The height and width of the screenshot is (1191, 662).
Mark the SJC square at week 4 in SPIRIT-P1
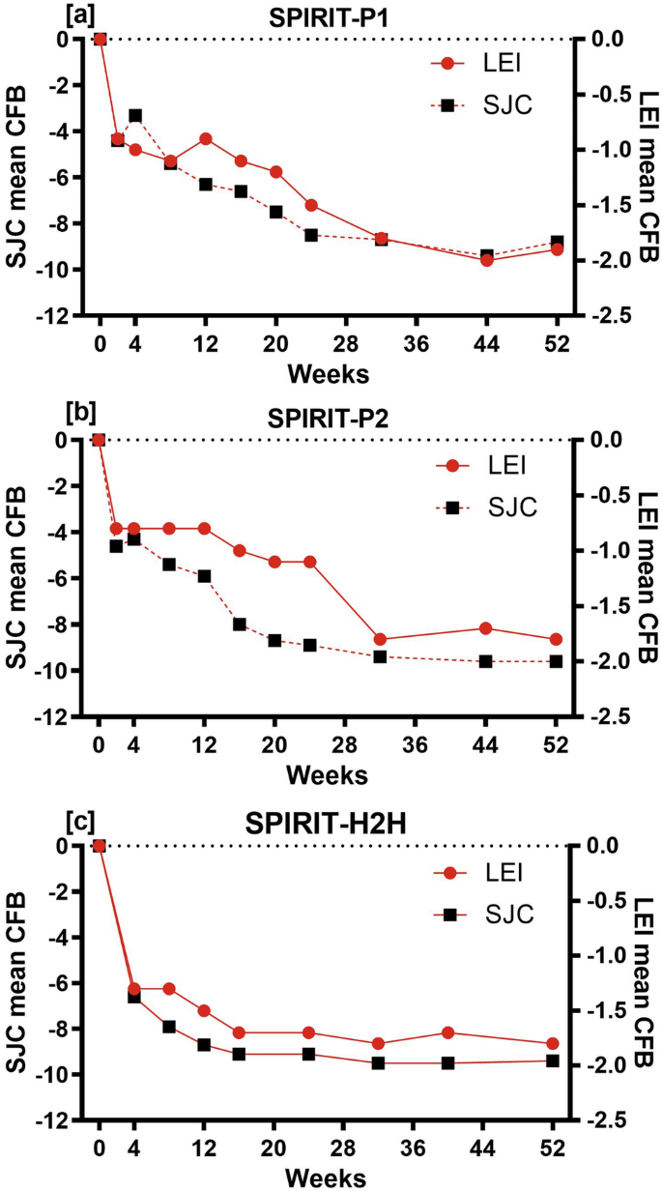(135, 115)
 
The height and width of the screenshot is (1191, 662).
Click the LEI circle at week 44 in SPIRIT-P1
(486, 260)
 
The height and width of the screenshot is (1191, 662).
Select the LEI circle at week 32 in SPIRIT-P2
(380, 639)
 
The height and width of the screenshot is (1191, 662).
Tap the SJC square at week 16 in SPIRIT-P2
(240, 625)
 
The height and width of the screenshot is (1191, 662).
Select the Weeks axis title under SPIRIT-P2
(328, 774)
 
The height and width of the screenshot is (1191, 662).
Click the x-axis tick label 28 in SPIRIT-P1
(345, 345)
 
